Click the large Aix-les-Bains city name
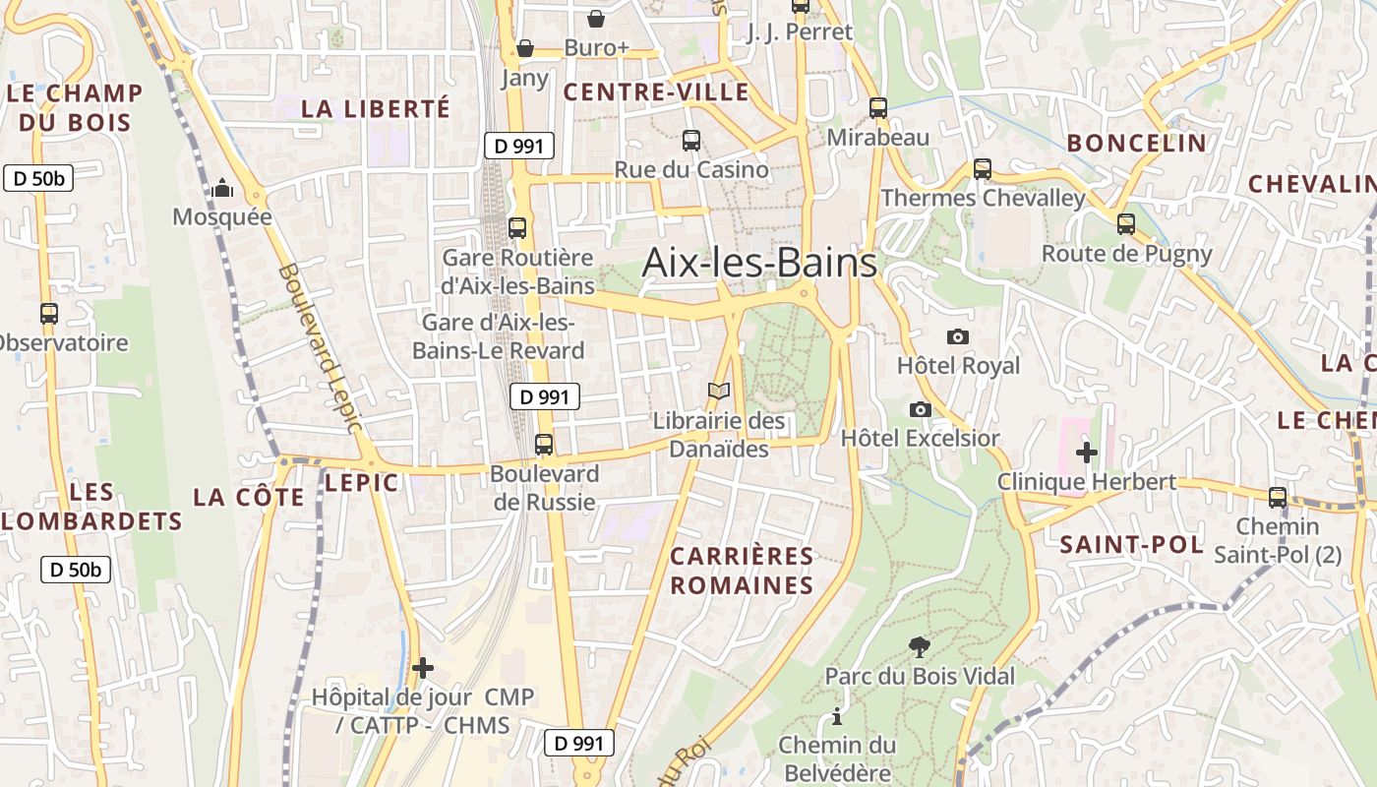coord(759,263)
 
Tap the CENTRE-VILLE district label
coord(656,92)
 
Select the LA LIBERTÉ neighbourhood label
coord(375,108)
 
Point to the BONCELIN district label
coord(1136,143)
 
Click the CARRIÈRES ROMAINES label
coord(742,571)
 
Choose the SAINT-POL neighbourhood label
coord(1131,544)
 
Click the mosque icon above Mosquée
coord(222,187)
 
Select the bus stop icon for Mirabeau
coord(878,108)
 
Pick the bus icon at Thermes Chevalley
coord(983,168)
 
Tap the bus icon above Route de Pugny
coord(1126,224)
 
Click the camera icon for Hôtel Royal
coord(957,336)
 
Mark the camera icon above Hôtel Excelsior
coord(921,409)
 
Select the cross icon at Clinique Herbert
coord(1087,453)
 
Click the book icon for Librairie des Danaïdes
coord(719,392)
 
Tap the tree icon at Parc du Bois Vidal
coord(920,646)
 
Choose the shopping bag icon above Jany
coord(525,48)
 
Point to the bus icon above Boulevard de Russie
coord(544,445)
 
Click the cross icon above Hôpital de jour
coord(423,668)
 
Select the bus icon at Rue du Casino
coord(691,141)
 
